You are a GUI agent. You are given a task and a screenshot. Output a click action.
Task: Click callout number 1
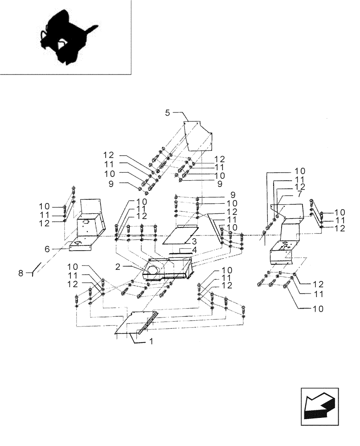(x=151, y=341)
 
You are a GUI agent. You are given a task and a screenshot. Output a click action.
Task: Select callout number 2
(x=118, y=266)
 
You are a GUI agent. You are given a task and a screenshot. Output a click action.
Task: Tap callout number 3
(x=194, y=241)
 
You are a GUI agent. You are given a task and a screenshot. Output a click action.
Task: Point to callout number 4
(x=194, y=249)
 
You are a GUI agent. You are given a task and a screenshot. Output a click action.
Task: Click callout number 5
(x=168, y=113)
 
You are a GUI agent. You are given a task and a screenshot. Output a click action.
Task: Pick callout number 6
(x=59, y=249)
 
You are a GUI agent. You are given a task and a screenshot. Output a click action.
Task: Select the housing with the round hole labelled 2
(x=169, y=270)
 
